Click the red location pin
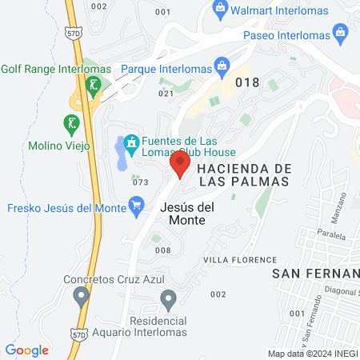[180, 166]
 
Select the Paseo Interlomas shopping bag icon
[341, 34]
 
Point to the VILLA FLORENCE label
[240, 260]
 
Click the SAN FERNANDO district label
[317, 274]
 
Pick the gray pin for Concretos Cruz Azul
[80, 298]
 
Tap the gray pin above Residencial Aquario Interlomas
[168, 301]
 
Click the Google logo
[27, 350]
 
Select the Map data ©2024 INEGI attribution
[313, 354]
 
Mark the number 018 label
[248, 81]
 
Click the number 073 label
[141, 182]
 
